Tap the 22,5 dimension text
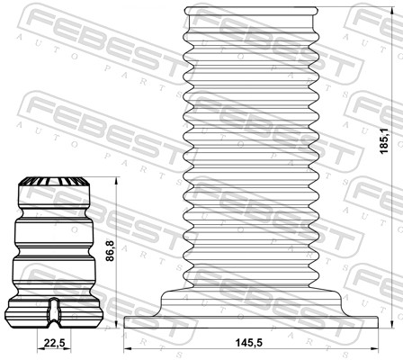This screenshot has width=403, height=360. [56, 342]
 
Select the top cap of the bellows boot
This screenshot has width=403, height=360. [251, 11]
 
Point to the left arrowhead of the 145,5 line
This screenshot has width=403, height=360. [129, 349]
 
